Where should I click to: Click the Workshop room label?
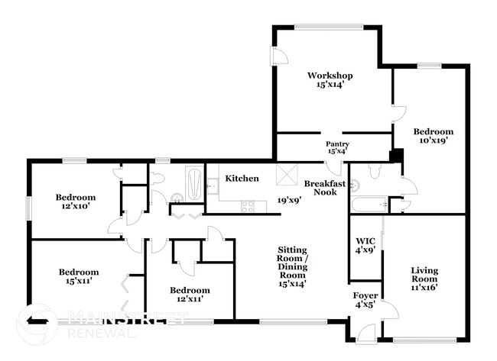pos(330,76)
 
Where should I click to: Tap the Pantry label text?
pos(337,144)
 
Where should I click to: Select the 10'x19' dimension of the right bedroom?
pos(434,140)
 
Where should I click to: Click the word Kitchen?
pos(241,179)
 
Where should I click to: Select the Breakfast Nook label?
pos(320,188)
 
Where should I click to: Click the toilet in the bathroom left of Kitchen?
pos(158,179)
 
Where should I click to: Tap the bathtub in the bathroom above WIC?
pos(369,205)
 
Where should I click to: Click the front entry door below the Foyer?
pos(366,334)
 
